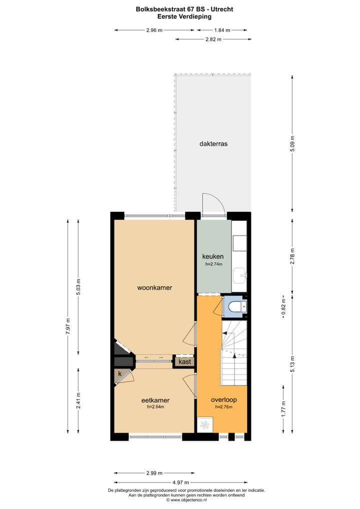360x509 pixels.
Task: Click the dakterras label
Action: tap(213, 143)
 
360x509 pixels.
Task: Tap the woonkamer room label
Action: tap(155, 287)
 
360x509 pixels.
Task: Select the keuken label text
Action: tap(212, 256)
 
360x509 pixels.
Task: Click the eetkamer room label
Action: tap(155, 400)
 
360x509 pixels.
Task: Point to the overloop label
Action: tap(223, 399)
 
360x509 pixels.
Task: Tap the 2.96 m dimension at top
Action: tap(154, 30)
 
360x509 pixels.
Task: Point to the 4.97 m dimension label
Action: tap(180, 482)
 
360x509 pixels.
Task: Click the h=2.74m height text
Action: tap(213, 264)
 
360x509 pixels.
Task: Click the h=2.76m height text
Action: tap(223, 407)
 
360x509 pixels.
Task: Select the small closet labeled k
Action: tap(120, 373)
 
